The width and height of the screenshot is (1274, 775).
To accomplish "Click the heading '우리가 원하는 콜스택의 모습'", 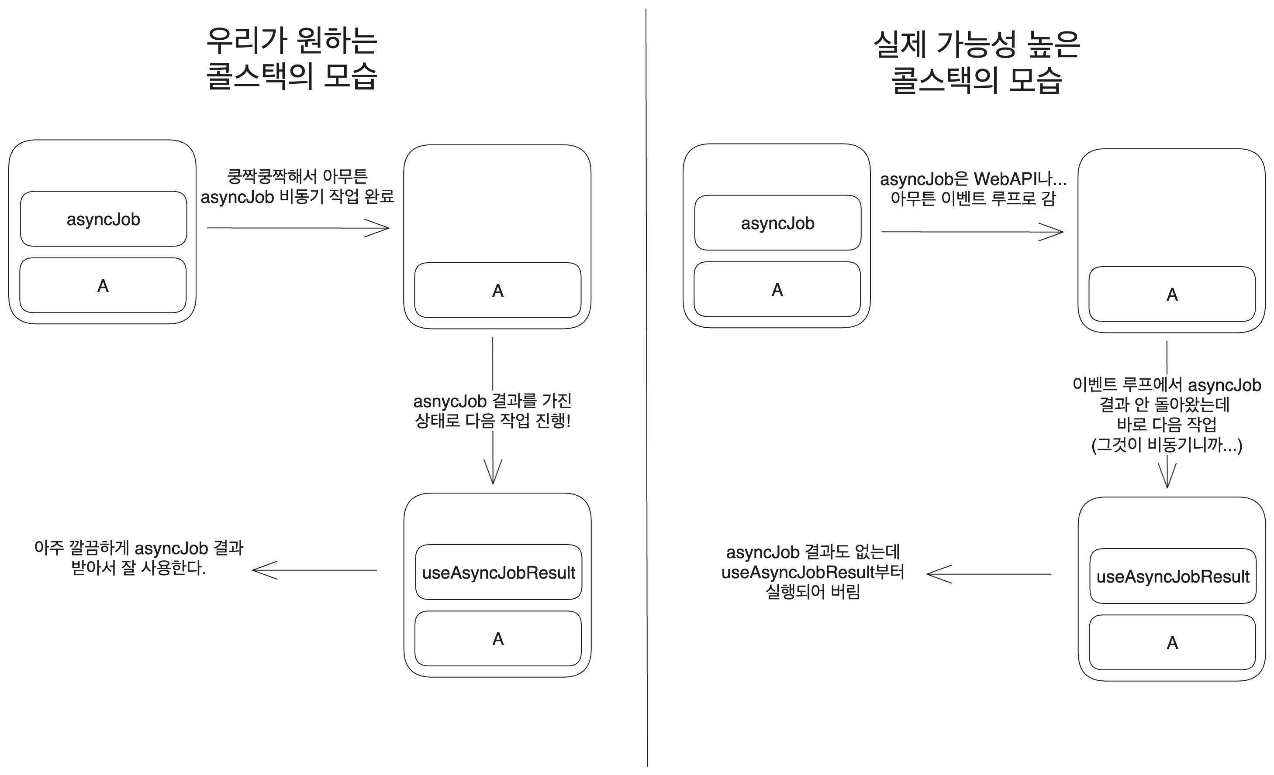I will (292, 58).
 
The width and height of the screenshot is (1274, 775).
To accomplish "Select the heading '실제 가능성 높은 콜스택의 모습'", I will (977, 62).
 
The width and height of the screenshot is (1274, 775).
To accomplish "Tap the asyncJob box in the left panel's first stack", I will (104, 219).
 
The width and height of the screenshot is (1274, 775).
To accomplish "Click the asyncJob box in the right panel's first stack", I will (778, 223).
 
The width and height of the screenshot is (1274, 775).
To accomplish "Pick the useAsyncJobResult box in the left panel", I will (498, 573).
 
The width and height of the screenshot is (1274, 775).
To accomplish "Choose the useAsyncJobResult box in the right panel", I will (1173, 576).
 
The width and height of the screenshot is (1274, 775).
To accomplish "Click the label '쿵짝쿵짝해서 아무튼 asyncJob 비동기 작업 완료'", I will (297, 186).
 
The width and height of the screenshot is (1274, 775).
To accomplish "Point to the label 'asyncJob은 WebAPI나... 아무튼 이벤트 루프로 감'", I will (973, 189).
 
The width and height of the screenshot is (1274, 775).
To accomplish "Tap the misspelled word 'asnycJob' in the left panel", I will (449, 401).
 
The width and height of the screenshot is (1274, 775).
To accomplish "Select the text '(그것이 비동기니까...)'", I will (1167, 445).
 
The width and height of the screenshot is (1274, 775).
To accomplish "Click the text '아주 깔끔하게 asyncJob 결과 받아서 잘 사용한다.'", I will (138, 558).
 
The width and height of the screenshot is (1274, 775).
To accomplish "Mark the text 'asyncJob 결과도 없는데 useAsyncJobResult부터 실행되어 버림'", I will (813, 572).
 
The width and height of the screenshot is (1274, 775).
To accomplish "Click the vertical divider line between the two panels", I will (647, 387).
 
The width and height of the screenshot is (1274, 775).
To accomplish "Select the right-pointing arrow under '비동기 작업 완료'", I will (298, 228).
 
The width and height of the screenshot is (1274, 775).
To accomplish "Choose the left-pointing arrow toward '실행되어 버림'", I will (989, 574).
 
